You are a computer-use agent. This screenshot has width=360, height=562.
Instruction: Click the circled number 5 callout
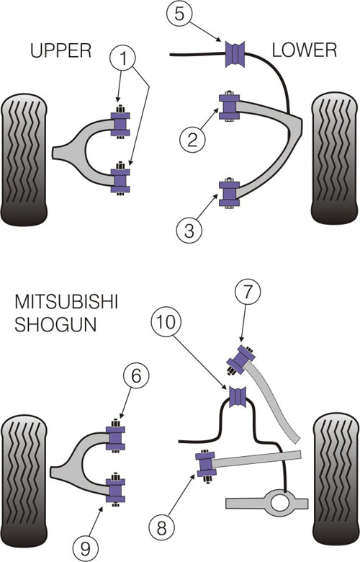[x=179, y=14]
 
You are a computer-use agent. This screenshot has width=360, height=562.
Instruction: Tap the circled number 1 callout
[x=123, y=58]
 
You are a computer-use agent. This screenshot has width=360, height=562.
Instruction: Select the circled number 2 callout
[x=192, y=140]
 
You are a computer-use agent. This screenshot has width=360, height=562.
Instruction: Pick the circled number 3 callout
[x=189, y=231]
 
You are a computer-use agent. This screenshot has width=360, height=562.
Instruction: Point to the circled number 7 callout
[x=248, y=292]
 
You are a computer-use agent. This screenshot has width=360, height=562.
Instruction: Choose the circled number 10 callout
[x=166, y=322]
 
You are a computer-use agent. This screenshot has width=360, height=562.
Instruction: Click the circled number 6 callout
[x=136, y=376]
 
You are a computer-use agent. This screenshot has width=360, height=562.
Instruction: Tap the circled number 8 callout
[x=161, y=527]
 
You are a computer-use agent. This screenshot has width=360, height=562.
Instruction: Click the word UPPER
[x=61, y=50]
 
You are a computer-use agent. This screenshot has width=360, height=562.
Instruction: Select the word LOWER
[x=305, y=50]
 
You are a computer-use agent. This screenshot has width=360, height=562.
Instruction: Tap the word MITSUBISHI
[x=66, y=302]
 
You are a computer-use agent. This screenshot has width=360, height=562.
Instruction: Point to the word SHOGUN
[x=55, y=325]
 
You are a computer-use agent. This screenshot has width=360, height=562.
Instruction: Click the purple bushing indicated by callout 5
[x=235, y=54]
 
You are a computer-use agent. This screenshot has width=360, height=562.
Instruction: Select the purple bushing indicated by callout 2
[x=229, y=107]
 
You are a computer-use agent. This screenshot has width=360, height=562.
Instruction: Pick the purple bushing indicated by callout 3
[x=229, y=194]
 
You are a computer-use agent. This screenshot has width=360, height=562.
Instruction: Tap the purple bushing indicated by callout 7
[x=241, y=359]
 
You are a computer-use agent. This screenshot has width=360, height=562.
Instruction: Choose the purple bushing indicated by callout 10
[x=237, y=397]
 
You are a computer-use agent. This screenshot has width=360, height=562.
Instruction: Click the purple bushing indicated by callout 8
[x=206, y=465]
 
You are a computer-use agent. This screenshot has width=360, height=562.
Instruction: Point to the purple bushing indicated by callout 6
[x=115, y=437]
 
